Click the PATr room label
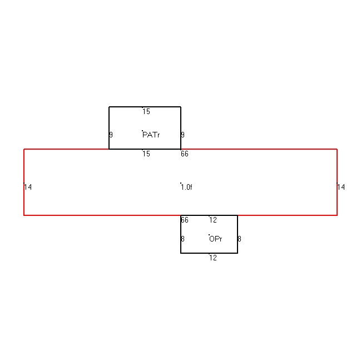pos(151,135)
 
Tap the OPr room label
pos(216,239)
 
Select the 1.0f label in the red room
pos(186,187)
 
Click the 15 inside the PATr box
pos(146,111)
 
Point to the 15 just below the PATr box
pos(146,154)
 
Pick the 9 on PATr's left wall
pos(111,135)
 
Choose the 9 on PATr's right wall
pos(183,135)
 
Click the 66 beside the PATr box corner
pos(185,154)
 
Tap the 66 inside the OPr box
pos(185,220)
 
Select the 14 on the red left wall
pos(28,187)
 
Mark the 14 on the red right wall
pos(341,187)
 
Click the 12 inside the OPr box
pos(213,220)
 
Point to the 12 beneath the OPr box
pos(213,258)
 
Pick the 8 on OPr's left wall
pos(183,239)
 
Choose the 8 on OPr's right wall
pos(239,239)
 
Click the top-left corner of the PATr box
pos(109,107)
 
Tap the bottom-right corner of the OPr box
pos(238,253)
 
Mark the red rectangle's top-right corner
pos(337,149)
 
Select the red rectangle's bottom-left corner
pos(24,215)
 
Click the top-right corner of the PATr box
pos(181,107)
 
